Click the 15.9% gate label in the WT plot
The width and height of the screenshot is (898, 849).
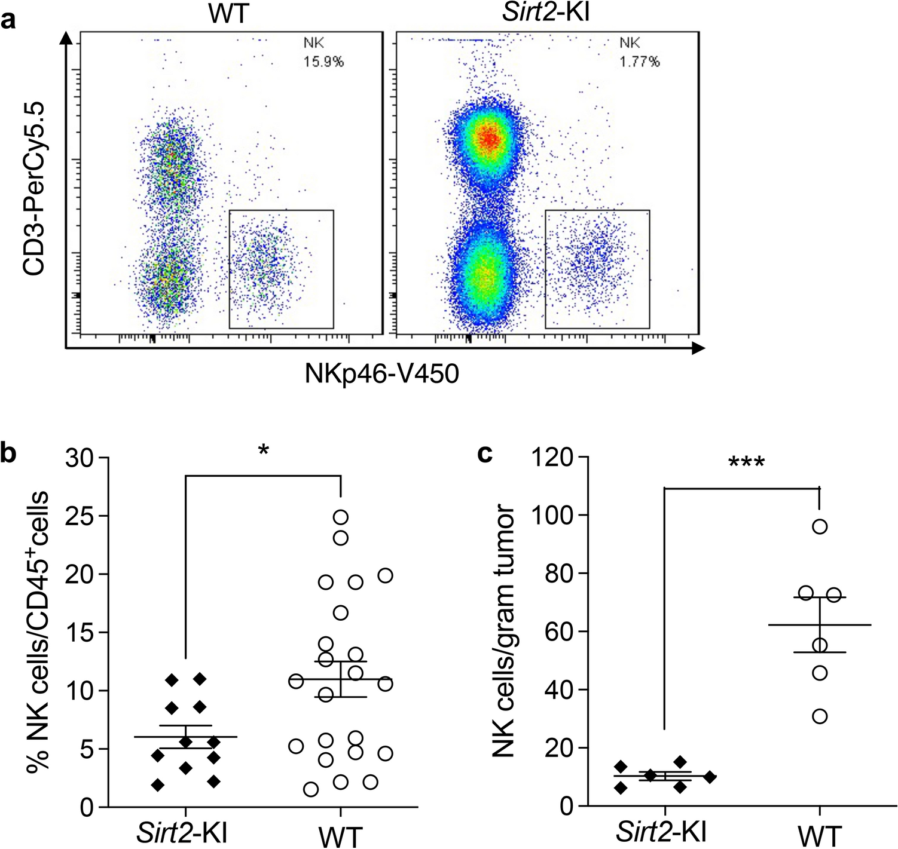[323, 62]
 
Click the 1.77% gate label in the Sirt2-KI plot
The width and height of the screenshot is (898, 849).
[639, 62]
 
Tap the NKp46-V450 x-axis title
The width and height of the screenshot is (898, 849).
[381, 374]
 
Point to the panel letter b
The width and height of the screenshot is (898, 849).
[9, 453]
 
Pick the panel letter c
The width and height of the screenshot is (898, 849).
[485, 453]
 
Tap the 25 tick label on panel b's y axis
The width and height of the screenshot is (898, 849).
[80, 516]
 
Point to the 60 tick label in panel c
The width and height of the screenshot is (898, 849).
[559, 632]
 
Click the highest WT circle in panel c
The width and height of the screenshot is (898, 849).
[820, 526]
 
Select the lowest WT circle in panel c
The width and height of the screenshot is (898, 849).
[820, 716]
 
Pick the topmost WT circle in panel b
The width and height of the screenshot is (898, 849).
[340, 517]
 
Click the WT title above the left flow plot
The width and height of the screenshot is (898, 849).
[228, 14]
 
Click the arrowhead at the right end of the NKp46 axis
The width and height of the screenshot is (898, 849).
[698, 348]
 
